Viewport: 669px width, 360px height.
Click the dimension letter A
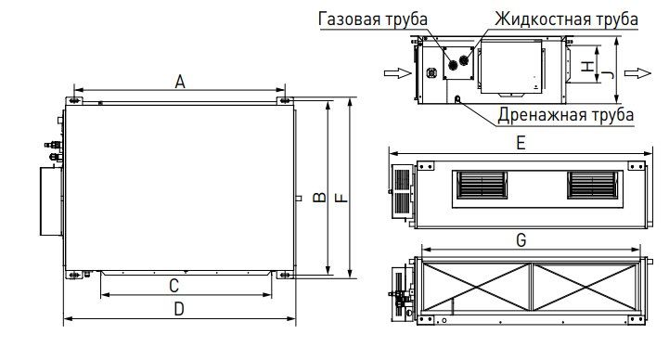[180, 82]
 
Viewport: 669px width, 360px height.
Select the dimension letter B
[319, 197]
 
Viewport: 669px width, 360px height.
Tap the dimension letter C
[174, 286]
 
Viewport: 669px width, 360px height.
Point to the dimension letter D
[179, 309]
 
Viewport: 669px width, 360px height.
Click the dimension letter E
[521, 143]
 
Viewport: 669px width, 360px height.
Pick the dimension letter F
[341, 198]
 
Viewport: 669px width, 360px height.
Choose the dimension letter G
[521, 240]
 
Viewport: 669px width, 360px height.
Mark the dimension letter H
[588, 66]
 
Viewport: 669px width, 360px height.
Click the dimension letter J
[610, 74]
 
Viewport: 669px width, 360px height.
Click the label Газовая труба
[373, 19]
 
